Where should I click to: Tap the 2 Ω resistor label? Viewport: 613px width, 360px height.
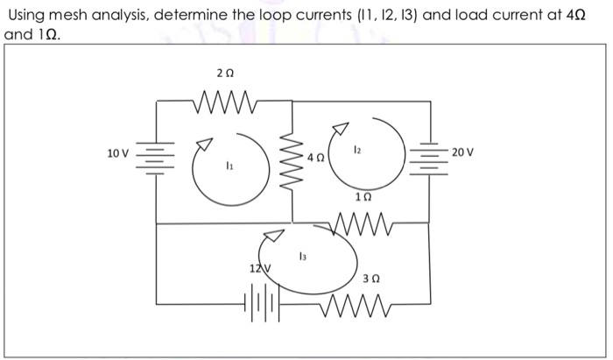(x=222, y=74)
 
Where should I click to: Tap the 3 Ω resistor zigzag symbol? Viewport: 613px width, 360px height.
(x=358, y=303)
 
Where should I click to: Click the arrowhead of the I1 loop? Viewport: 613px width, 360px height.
(x=203, y=142)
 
